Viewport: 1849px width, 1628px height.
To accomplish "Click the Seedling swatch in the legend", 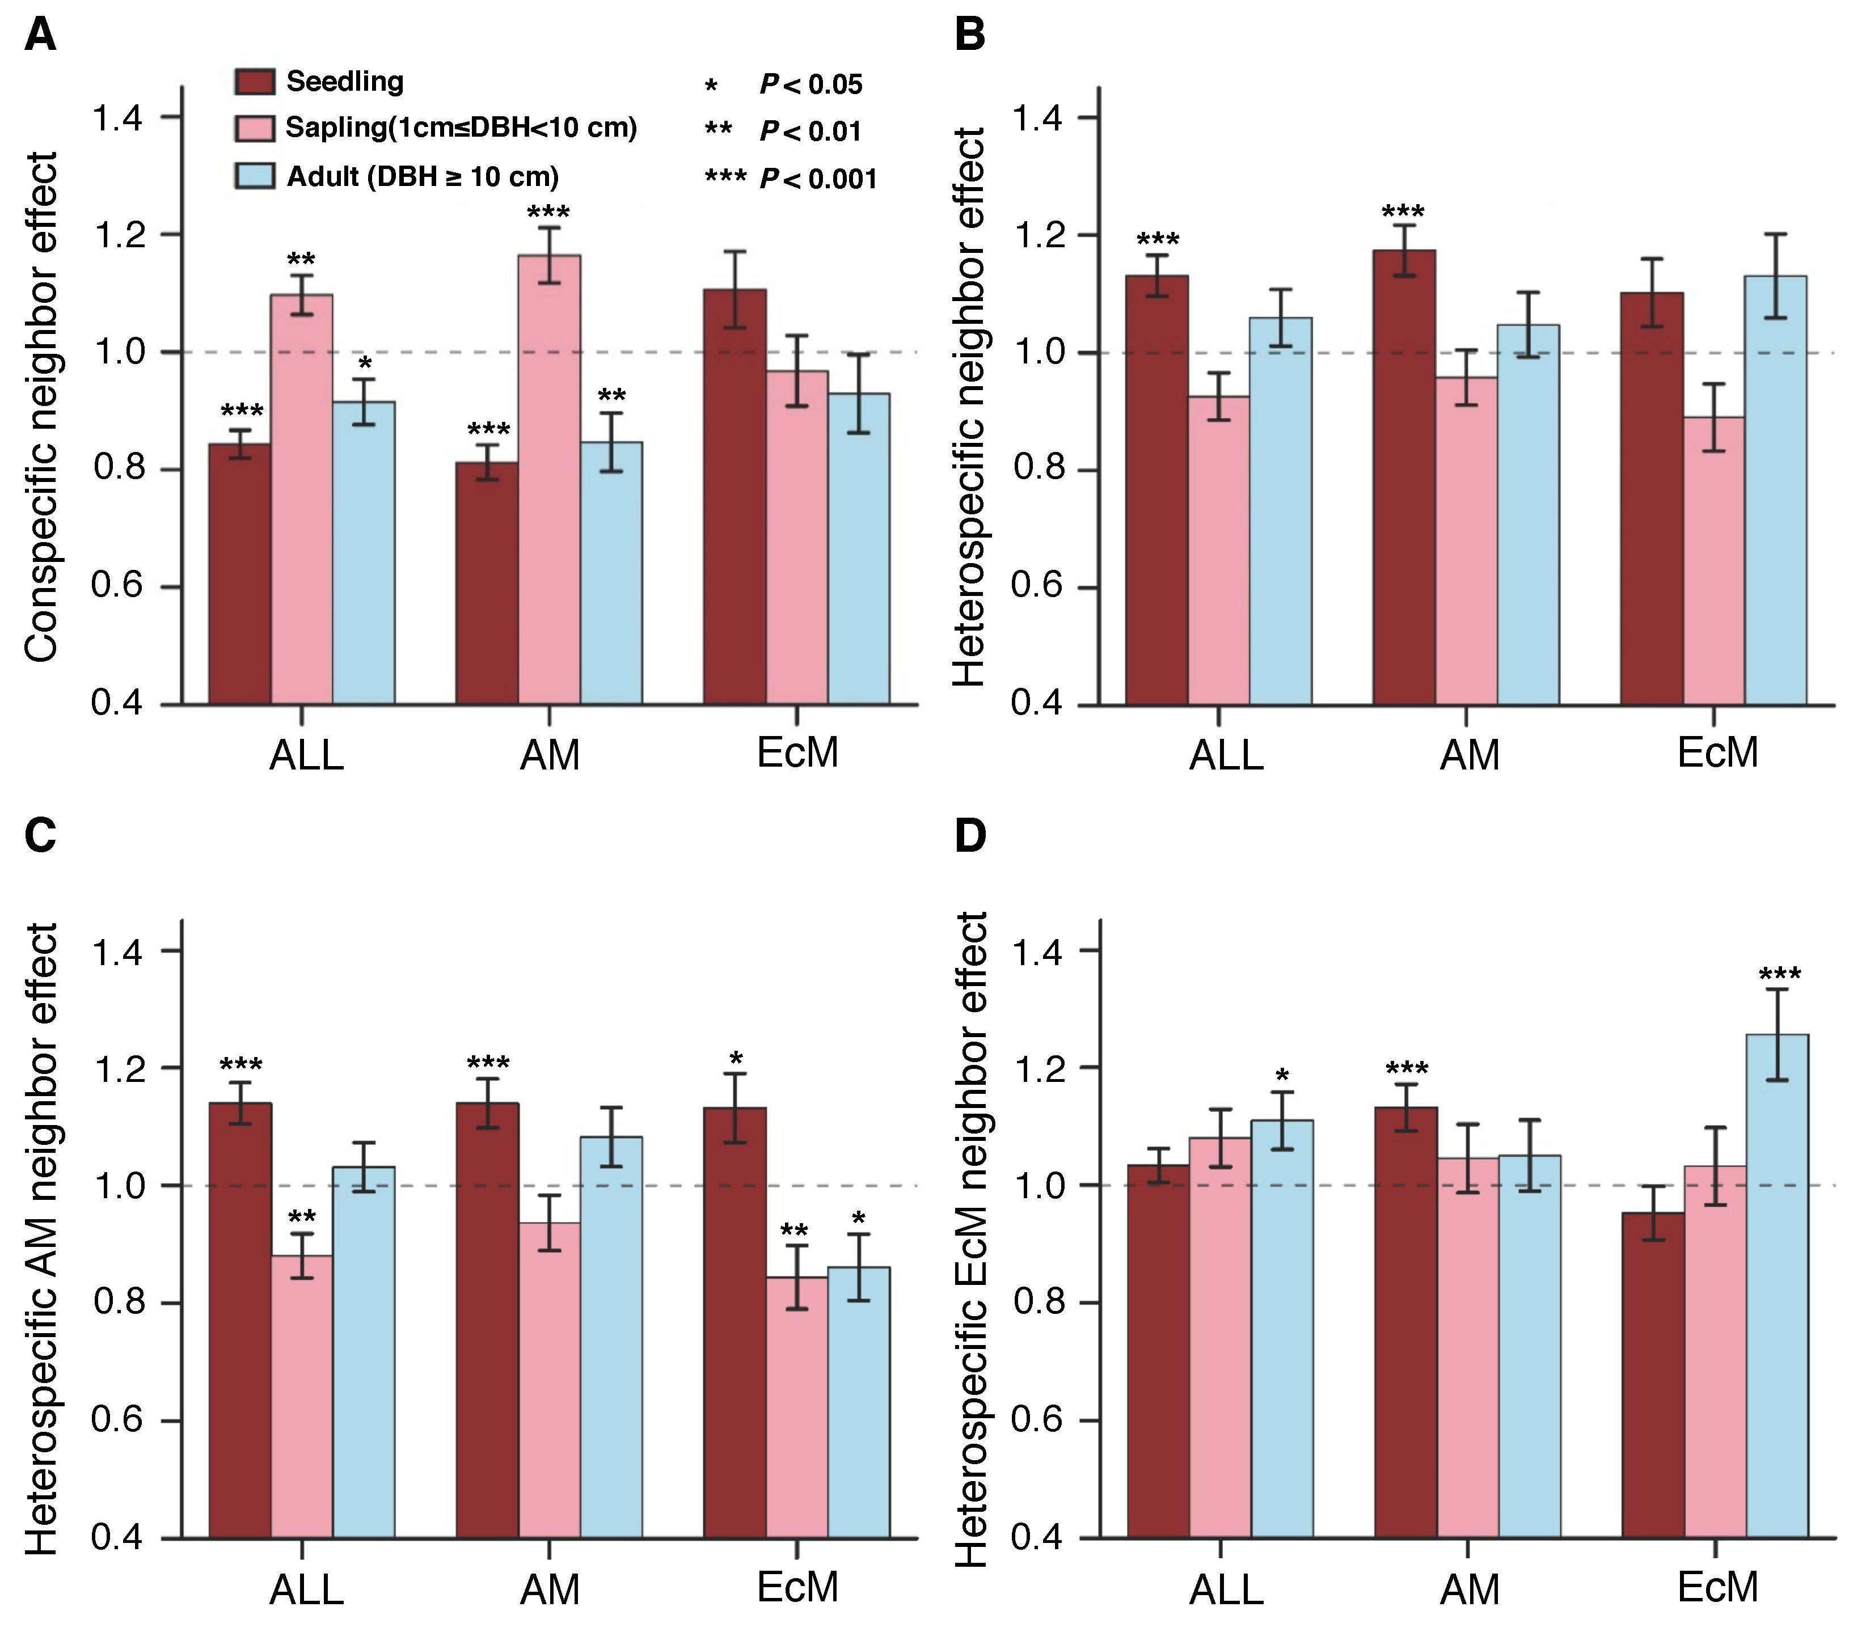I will pos(254,82).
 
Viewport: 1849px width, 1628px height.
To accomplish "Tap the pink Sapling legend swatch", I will pos(254,128).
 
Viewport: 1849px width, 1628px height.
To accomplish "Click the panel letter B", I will pos(970,36).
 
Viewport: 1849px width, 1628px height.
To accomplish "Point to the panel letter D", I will pos(970,836).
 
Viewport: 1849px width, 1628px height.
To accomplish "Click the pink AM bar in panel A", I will pos(549,479).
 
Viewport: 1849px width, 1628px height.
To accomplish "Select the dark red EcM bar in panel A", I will pos(734,497).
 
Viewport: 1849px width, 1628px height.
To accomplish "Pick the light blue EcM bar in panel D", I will pos(1776,1285).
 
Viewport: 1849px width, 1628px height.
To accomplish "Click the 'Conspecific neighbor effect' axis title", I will pos(41,407).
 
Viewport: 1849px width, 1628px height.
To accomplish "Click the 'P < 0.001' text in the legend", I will pos(818,178).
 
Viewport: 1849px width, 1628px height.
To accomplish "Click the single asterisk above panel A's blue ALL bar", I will pos(365,363).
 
